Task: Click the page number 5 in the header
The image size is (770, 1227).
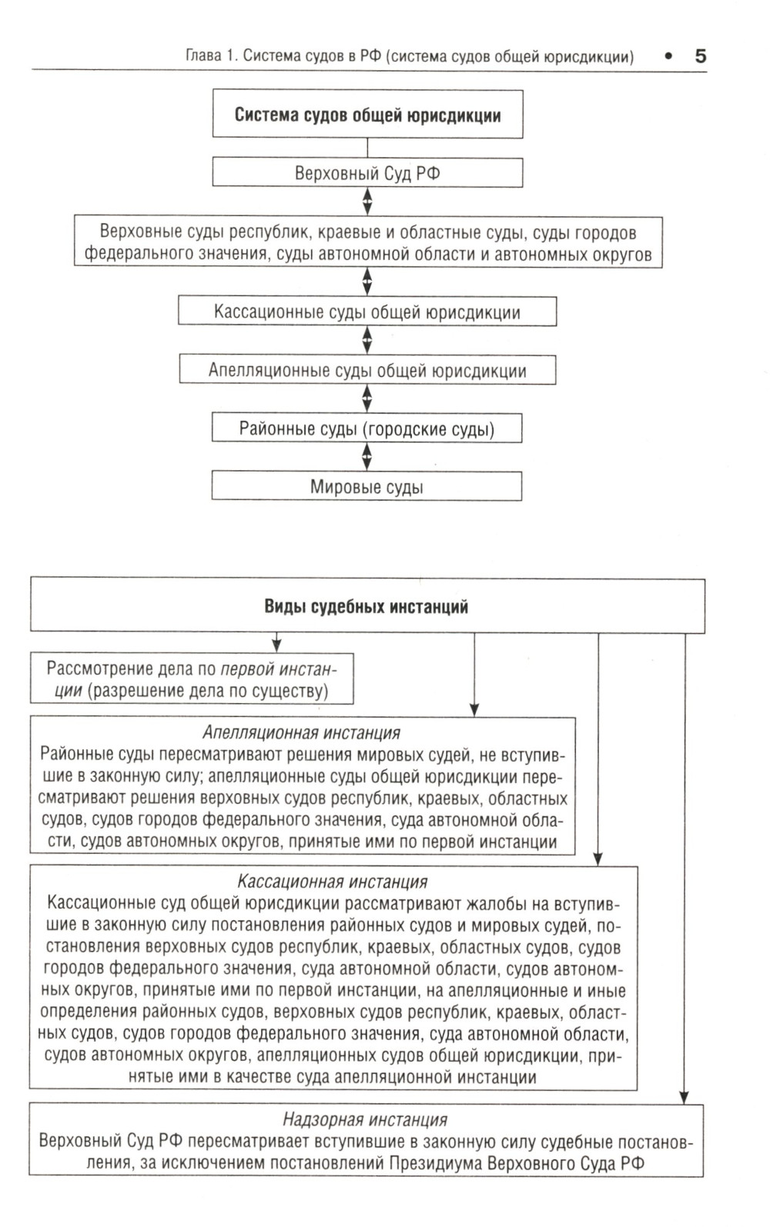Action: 700,55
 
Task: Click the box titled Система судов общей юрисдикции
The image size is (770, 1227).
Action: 367,115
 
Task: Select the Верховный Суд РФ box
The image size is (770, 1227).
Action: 367,173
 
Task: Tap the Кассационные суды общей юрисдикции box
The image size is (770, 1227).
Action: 367,312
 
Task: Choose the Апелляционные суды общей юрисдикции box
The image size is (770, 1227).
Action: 367,370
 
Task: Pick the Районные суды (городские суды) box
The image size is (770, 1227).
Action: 367,428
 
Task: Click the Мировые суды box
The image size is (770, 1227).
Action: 367,487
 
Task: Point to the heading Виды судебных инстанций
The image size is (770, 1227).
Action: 367,606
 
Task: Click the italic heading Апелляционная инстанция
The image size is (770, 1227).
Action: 301,732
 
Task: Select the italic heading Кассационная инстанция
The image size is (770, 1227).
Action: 332,882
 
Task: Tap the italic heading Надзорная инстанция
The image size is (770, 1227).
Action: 365,1119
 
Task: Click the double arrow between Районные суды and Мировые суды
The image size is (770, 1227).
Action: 367,457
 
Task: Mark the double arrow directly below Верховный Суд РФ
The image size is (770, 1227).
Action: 367,202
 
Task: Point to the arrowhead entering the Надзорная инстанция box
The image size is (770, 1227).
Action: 685,1098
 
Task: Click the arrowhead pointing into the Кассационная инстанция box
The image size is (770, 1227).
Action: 598,859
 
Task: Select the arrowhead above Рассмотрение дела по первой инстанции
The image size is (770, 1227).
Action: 276,645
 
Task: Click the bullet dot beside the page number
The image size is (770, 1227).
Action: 668,55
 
